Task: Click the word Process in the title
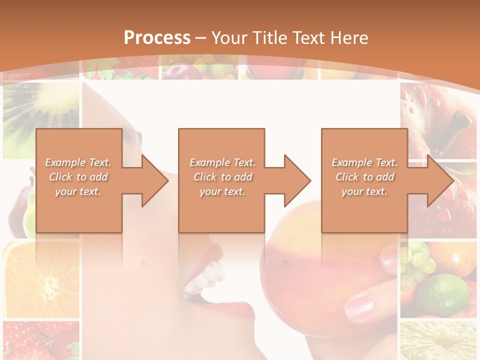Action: (x=157, y=37)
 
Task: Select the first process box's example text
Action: (x=78, y=177)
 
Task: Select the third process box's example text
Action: (x=364, y=177)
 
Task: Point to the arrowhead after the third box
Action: (x=439, y=180)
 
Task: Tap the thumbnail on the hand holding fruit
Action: (x=359, y=305)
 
